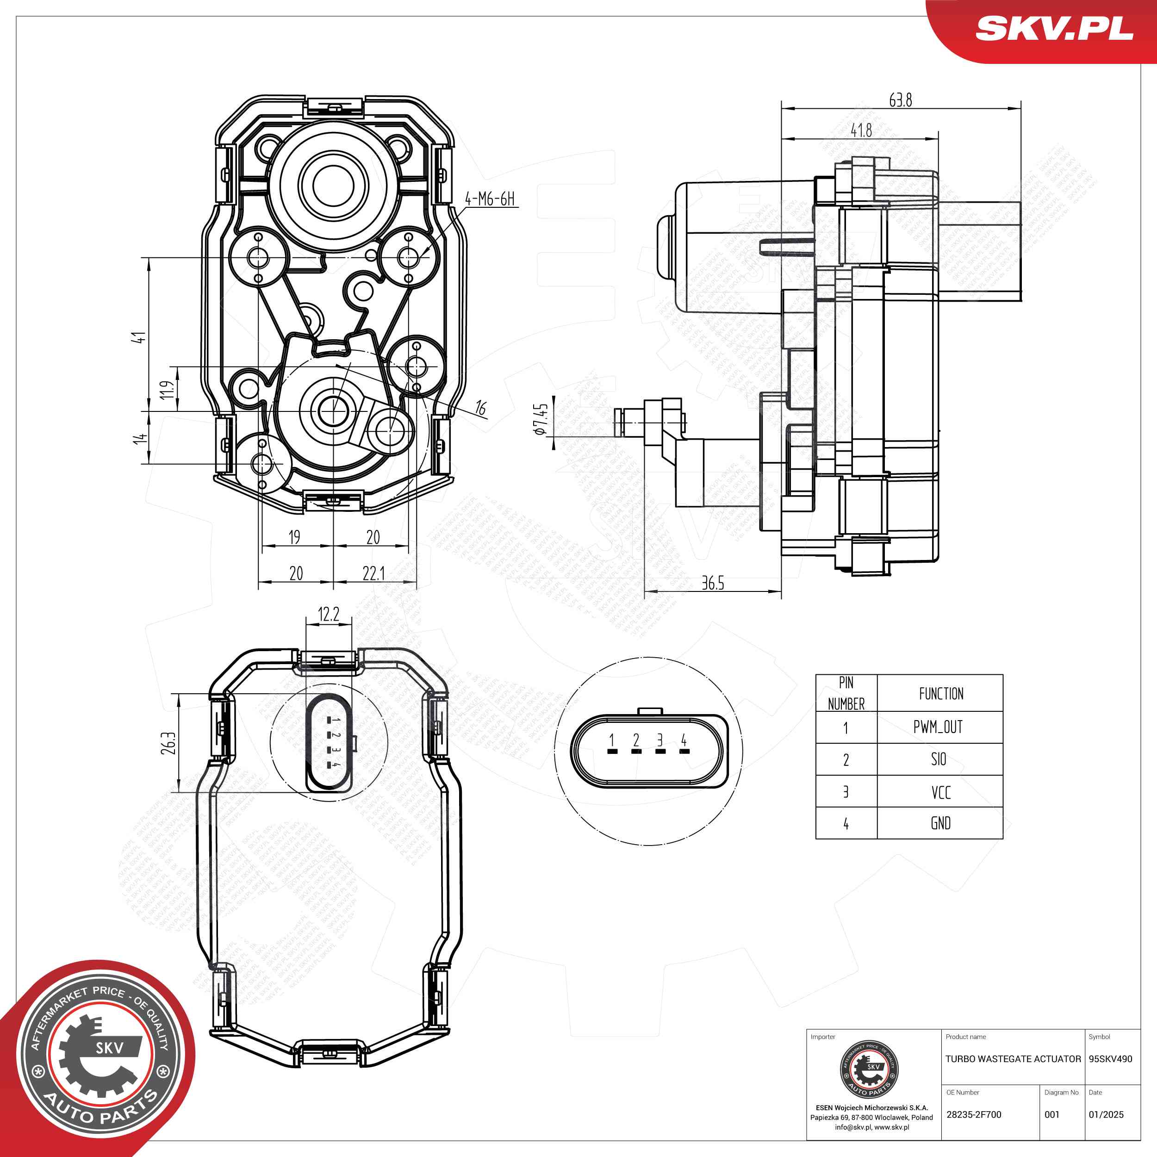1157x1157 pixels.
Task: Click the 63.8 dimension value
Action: [900, 100]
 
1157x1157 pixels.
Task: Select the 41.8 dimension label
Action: [861, 130]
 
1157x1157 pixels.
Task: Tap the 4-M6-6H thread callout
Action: [490, 199]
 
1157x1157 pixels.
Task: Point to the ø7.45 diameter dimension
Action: [540, 419]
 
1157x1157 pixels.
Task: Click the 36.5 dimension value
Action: [713, 583]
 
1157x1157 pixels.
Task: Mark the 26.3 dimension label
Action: [169, 743]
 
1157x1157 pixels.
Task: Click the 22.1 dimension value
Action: [373, 573]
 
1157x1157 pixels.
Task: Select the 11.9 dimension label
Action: [168, 389]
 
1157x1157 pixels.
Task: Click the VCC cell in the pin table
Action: [940, 792]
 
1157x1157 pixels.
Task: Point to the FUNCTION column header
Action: [941, 693]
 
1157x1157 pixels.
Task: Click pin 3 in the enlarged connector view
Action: [660, 743]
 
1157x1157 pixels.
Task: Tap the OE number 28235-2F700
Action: [974, 1114]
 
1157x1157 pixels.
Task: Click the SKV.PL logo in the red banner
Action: [1054, 28]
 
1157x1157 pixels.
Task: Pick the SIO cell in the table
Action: [939, 759]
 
